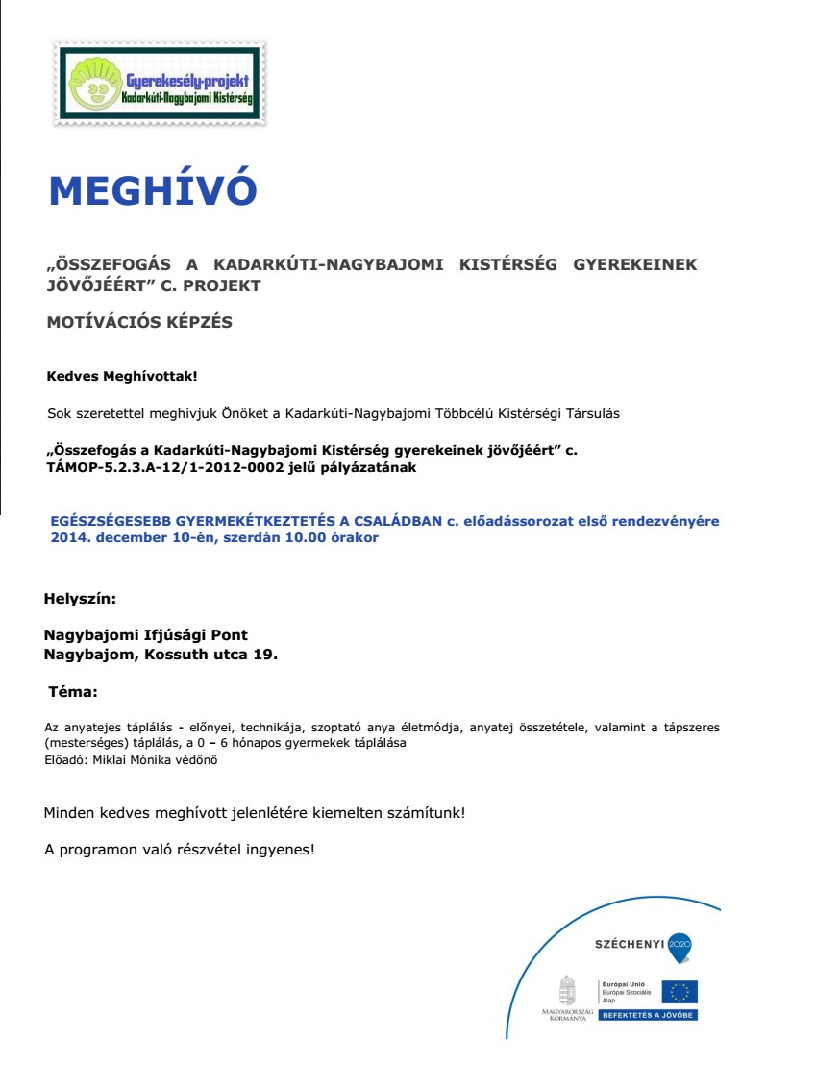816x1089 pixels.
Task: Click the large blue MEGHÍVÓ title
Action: point(153,190)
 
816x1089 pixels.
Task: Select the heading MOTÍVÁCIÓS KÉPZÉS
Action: point(139,322)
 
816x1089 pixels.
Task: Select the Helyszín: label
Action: point(80,598)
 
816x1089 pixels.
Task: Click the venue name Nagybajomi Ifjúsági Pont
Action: point(146,635)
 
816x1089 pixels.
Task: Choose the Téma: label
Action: point(73,691)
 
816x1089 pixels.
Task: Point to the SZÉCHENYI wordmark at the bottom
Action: point(630,945)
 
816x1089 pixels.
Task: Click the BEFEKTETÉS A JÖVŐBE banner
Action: point(648,1015)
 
